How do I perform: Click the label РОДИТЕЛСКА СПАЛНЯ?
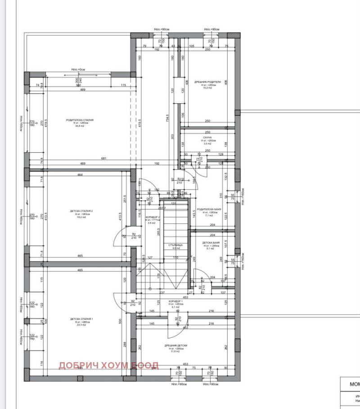pos(80,120)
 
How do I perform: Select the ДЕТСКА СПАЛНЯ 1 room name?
pos(80,319)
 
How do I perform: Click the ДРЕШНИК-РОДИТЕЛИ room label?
pos(207,82)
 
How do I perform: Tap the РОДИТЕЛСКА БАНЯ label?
pos(207,209)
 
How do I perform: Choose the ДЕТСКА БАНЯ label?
pos(207,243)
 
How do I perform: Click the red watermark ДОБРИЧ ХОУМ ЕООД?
pos(108,365)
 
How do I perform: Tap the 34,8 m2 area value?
pos(80,126)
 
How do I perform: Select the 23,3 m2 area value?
pos(80,325)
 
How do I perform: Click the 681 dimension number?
pos(104,158)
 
